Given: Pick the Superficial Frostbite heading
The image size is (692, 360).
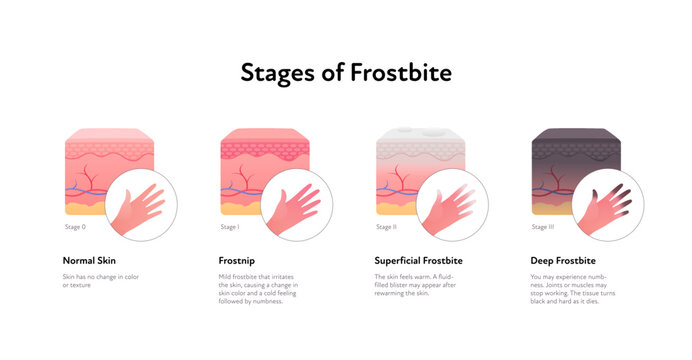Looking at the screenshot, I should (x=419, y=260).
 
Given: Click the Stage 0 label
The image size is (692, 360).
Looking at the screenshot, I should (x=76, y=228).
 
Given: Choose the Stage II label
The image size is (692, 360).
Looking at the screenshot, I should (x=387, y=228).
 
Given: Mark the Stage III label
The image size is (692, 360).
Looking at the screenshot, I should (x=543, y=228).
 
